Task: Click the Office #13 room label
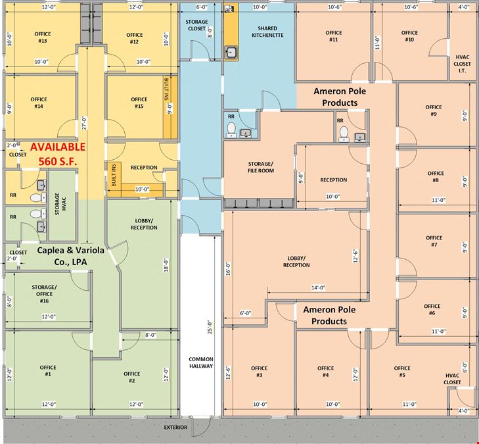point(43,37)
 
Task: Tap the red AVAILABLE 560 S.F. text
point(58,154)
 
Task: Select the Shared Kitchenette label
point(267,32)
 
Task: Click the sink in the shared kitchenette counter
point(231,53)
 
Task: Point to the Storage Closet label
point(196,25)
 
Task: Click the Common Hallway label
point(200,362)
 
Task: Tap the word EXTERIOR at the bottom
point(175,428)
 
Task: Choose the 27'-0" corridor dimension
point(84,123)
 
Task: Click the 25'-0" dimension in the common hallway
point(210,327)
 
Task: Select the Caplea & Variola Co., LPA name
point(70,256)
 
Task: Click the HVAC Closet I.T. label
point(462,64)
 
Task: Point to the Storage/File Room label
point(261,167)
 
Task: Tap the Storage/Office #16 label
point(44,294)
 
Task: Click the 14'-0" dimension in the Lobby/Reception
point(318,287)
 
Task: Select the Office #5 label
point(402,372)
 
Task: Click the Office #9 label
point(434,111)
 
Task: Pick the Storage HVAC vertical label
point(60,204)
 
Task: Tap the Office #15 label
point(139,103)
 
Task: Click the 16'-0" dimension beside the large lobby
point(228,269)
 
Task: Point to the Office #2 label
point(132,377)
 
